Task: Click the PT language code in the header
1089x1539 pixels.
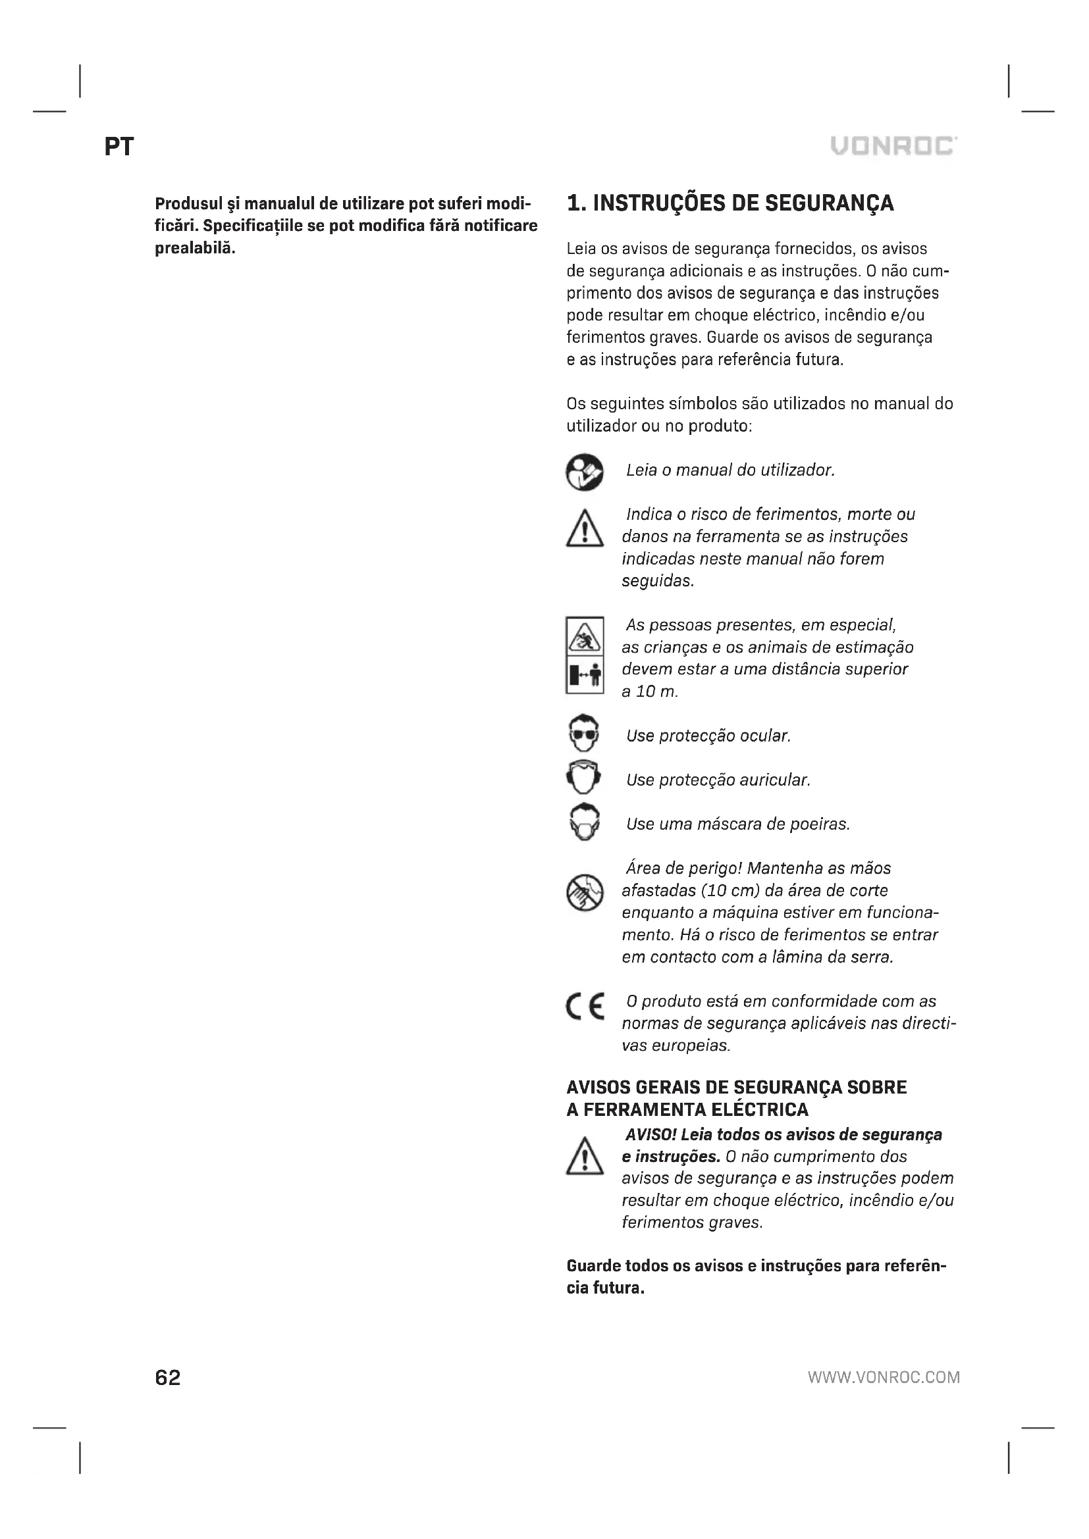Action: click(119, 147)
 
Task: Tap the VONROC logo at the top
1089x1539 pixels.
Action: click(893, 145)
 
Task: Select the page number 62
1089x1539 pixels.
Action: click(168, 1376)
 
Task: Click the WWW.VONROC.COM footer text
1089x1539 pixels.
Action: click(883, 1377)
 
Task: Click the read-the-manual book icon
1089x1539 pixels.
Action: click(584, 472)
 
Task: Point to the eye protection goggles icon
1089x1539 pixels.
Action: click(584, 735)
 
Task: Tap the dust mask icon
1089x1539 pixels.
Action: click(584, 822)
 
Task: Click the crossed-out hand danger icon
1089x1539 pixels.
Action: click(584, 893)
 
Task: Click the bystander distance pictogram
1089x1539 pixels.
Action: click(584, 655)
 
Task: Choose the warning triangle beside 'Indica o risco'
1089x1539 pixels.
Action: click(584, 530)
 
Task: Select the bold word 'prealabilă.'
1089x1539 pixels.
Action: click(195, 248)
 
